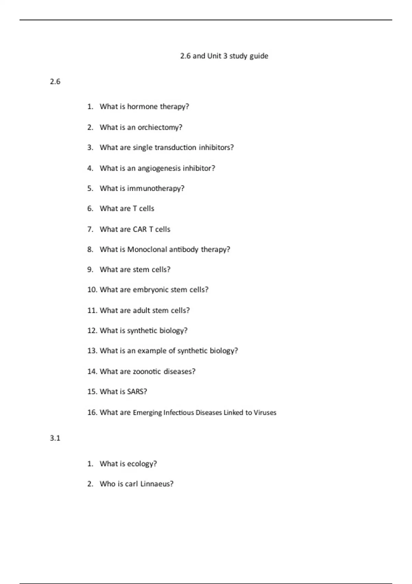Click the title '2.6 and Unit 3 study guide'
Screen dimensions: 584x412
click(x=224, y=56)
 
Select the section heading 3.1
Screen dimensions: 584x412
click(x=55, y=438)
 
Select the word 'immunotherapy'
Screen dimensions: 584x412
click(x=155, y=189)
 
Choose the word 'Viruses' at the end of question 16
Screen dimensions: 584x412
click(x=265, y=413)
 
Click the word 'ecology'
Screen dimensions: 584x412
click(x=141, y=464)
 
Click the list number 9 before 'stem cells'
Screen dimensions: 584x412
click(x=90, y=270)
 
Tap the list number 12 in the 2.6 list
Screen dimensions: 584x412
click(x=92, y=330)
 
